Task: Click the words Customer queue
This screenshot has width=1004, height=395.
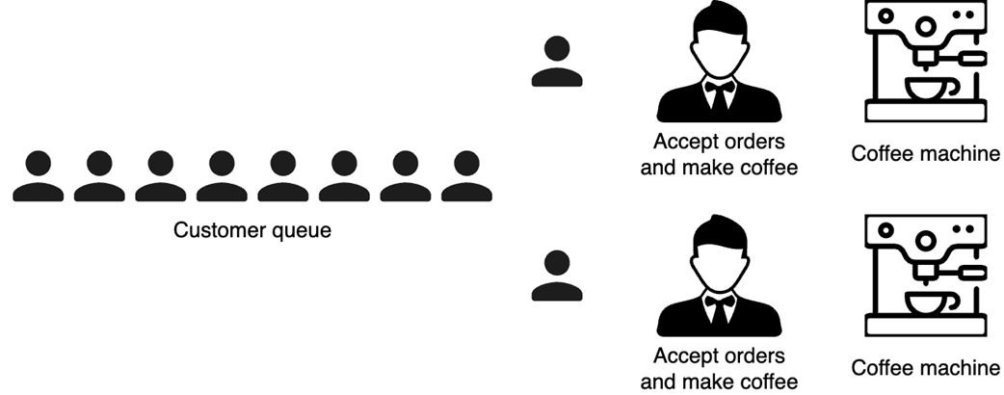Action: (252, 230)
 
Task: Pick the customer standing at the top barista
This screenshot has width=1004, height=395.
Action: (556, 64)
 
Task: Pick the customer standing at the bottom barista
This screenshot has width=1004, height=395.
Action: (556, 277)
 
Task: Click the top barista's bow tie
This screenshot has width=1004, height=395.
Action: (719, 87)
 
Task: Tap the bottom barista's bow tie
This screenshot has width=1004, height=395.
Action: (719, 301)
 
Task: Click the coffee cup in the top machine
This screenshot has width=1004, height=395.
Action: (926, 92)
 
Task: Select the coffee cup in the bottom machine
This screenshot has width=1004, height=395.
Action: (926, 305)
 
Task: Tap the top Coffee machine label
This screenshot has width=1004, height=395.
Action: (926, 154)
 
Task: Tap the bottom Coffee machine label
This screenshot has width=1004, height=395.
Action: (926, 367)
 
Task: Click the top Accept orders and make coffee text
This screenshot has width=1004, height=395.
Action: (719, 154)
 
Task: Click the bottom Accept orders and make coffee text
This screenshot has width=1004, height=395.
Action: (719, 368)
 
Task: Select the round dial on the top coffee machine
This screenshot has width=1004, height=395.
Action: (925, 25)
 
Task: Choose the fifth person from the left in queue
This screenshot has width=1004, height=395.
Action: (282, 177)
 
